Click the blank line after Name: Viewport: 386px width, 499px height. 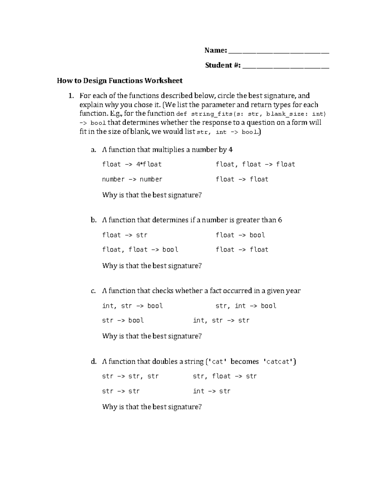(279, 51)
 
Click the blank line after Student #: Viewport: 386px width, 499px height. (286, 67)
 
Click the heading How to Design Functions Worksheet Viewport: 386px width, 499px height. (120, 81)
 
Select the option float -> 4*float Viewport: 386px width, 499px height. (132, 165)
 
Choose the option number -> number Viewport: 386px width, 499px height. (132, 179)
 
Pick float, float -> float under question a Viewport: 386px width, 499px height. (255, 165)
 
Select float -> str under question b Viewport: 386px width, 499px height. (124, 235)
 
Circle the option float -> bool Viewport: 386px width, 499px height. (240, 235)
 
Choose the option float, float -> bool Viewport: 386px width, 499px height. (140, 250)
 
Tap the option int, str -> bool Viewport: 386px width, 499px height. (132, 306)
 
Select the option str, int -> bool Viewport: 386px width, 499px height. (246, 306)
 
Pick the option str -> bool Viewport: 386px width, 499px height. (123, 320)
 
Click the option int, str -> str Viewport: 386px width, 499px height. (221, 320)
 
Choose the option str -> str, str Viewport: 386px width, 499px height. (130, 376)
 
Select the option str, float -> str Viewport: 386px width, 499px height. (225, 376)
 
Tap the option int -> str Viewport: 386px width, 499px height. (211, 391)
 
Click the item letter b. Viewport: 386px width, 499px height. (93, 220)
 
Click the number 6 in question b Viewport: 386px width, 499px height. (280, 220)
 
